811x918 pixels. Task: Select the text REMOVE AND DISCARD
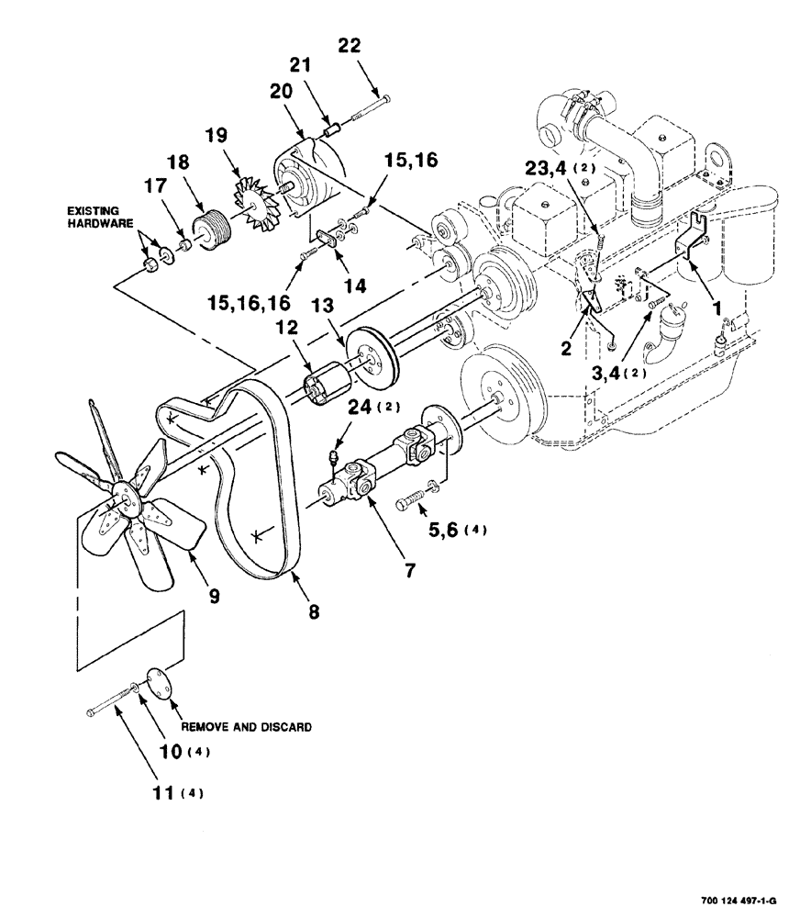point(245,726)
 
